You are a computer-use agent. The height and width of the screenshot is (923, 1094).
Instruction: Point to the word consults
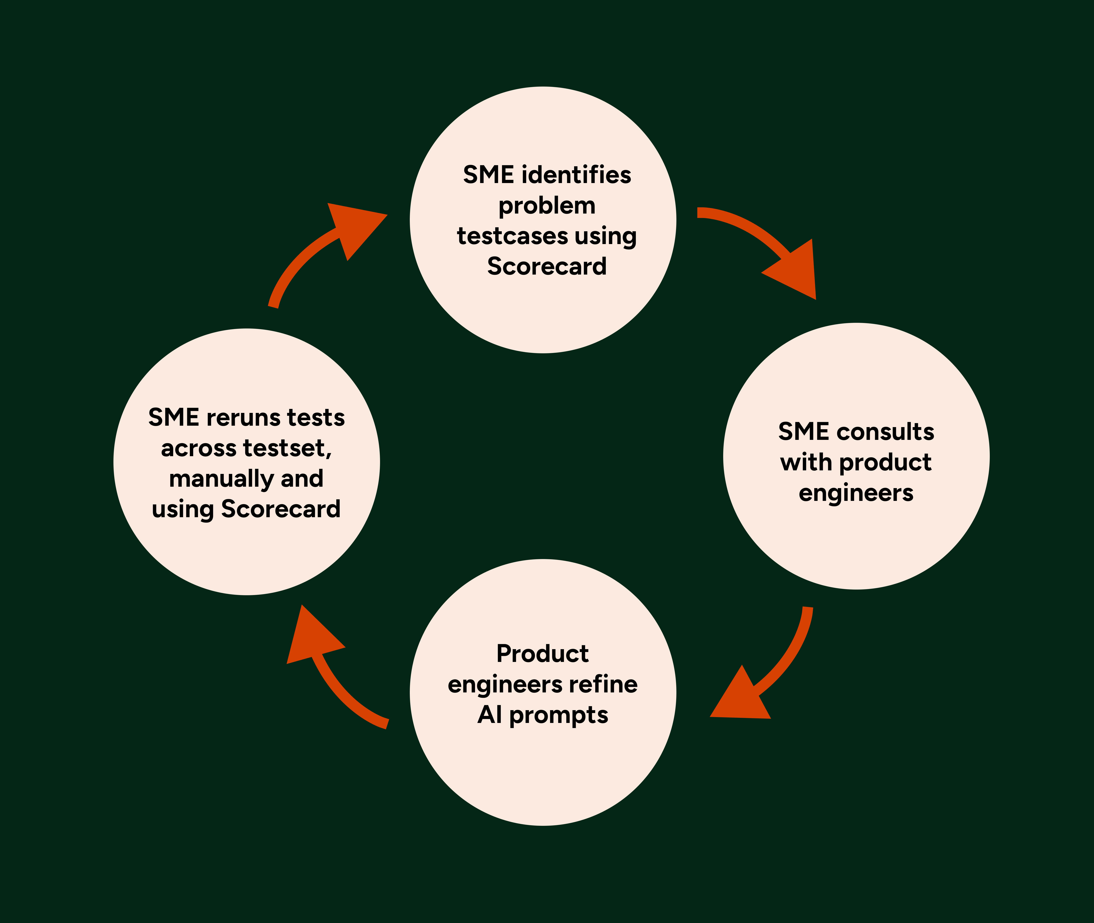[x=885, y=432]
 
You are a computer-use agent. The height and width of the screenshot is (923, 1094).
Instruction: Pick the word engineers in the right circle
[x=856, y=493]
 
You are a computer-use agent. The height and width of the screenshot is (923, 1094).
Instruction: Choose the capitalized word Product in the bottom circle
[x=542, y=654]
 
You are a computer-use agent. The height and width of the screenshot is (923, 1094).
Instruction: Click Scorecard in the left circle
[x=281, y=509]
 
